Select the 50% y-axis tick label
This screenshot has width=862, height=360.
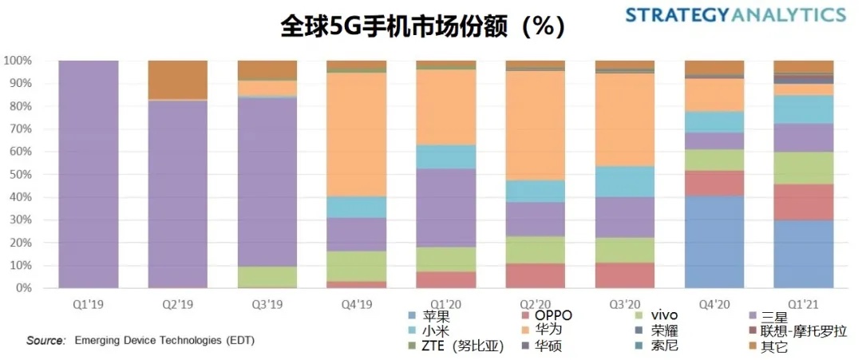click(20, 174)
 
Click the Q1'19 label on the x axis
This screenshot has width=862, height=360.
click(89, 304)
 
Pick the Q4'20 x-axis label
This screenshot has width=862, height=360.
click(714, 304)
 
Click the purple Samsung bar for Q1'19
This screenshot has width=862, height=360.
click(89, 174)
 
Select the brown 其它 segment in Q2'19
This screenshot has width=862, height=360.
click(178, 80)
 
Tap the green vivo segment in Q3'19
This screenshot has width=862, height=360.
click(267, 277)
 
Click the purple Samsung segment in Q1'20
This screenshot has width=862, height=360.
click(446, 208)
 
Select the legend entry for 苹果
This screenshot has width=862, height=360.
click(428, 316)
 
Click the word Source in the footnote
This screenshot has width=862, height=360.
click(45, 341)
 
